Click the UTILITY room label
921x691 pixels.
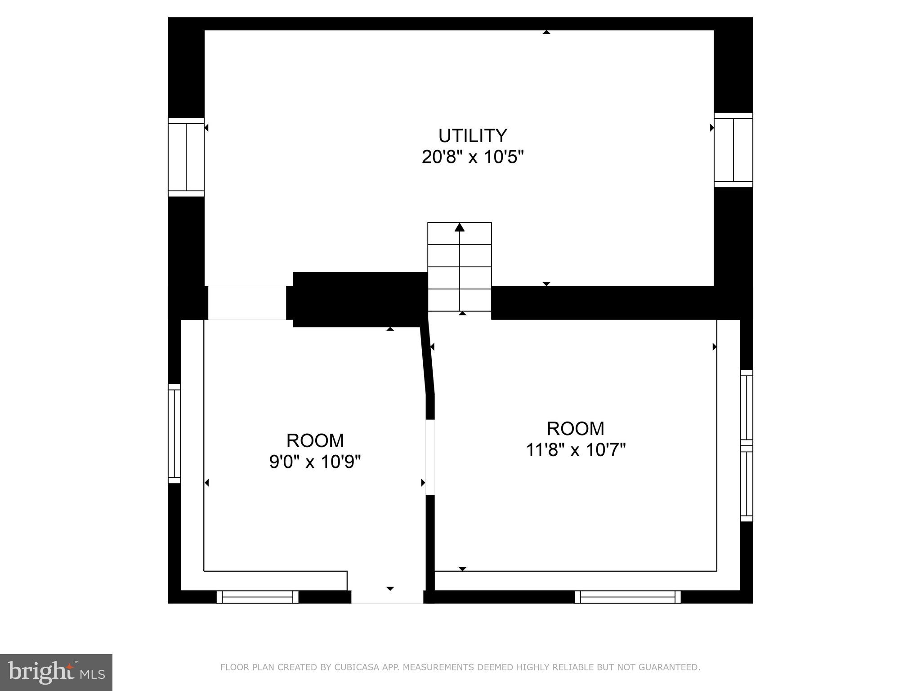pyautogui.click(x=473, y=135)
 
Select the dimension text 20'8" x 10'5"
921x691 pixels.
pyautogui.click(x=473, y=157)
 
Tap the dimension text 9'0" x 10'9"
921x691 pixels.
pyautogui.click(x=315, y=462)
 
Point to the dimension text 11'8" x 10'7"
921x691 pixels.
pyautogui.click(x=575, y=449)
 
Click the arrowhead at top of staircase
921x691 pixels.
pyautogui.click(x=459, y=227)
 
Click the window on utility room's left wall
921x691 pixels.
pyautogui.click(x=186, y=157)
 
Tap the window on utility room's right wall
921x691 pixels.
pyautogui.click(x=733, y=150)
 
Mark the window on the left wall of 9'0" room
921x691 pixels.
pyautogui.click(x=174, y=434)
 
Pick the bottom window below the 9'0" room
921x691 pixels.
pyautogui.click(x=257, y=597)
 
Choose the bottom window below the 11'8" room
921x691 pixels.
pyautogui.click(x=627, y=597)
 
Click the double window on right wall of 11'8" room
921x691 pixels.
pyautogui.click(x=747, y=445)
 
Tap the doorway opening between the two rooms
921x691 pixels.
pyautogui.click(x=430, y=457)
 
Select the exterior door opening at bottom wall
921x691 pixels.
pyautogui.click(x=387, y=597)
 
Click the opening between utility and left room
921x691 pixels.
pyautogui.click(x=247, y=303)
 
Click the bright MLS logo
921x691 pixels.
pyautogui.click(x=56, y=673)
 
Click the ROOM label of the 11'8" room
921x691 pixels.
pyautogui.click(x=575, y=429)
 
